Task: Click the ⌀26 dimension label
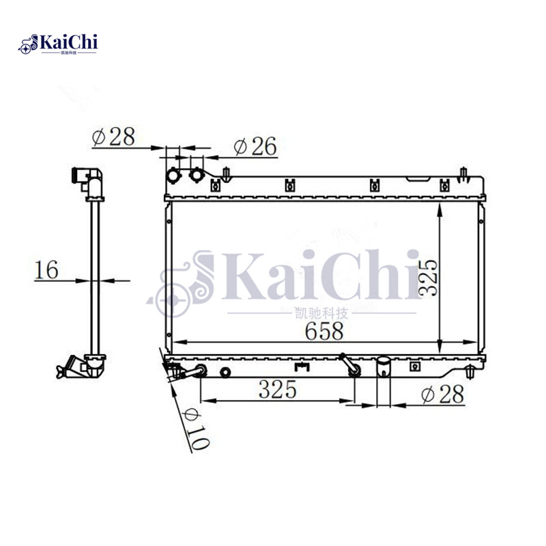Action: pyautogui.click(x=254, y=145)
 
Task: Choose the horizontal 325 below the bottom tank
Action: pyautogui.click(x=276, y=390)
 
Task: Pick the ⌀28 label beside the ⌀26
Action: pyautogui.click(x=113, y=136)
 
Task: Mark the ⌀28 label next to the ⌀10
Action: pyautogui.click(x=443, y=394)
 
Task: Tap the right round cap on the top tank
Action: pyautogui.click(x=197, y=174)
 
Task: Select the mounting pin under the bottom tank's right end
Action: pyautogui.click(x=472, y=372)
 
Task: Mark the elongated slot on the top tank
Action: pyautogui.click(x=417, y=181)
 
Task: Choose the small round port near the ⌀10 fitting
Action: pyautogui.click(x=226, y=372)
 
